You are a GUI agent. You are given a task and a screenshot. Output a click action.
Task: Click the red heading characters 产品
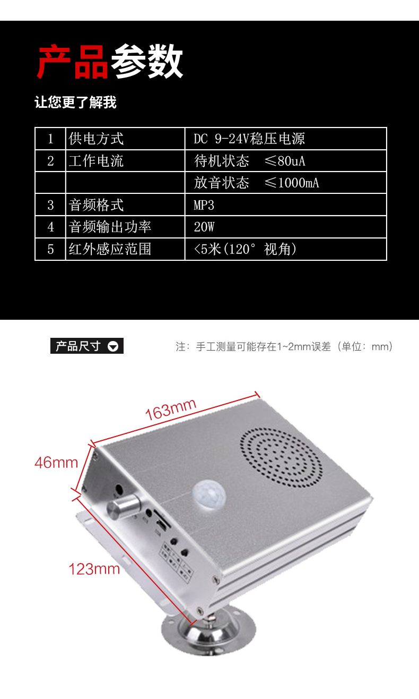[x=73, y=62]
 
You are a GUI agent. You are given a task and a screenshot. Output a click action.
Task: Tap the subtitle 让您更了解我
[x=75, y=103]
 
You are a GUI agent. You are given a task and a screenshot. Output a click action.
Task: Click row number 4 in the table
[x=50, y=227]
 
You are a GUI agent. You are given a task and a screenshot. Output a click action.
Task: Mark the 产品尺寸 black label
[x=78, y=346]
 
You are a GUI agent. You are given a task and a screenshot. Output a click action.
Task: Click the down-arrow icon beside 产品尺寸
[x=113, y=347]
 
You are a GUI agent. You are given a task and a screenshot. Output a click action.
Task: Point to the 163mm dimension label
[x=171, y=410]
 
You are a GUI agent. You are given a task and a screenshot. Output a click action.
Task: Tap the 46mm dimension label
[x=56, y=463]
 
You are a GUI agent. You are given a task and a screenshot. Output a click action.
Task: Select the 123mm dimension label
[x=94, y=569]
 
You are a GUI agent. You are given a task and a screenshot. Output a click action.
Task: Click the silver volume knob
[x=119, y=508]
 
